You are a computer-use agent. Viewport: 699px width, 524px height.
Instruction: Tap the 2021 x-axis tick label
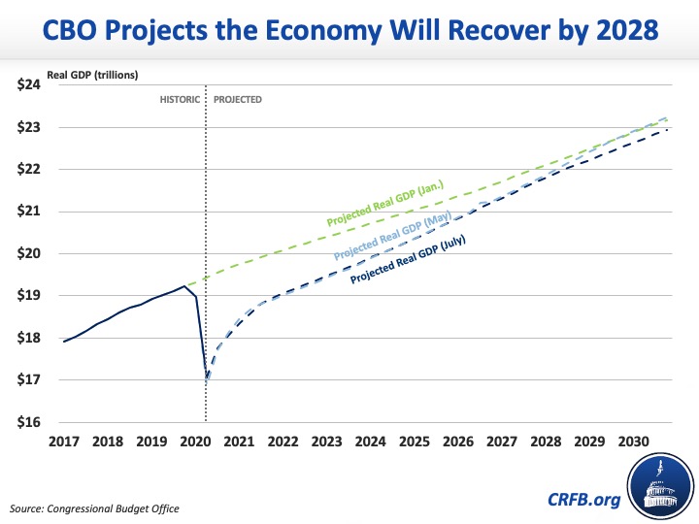click(238, 442)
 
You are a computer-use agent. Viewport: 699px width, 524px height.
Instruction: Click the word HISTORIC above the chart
click(180, 100)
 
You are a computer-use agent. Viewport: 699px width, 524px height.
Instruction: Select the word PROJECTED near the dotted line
click(238, 100)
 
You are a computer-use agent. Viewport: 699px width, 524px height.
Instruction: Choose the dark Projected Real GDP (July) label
click(409, 259)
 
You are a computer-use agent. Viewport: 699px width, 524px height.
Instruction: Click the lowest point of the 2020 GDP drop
click(206, 382)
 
